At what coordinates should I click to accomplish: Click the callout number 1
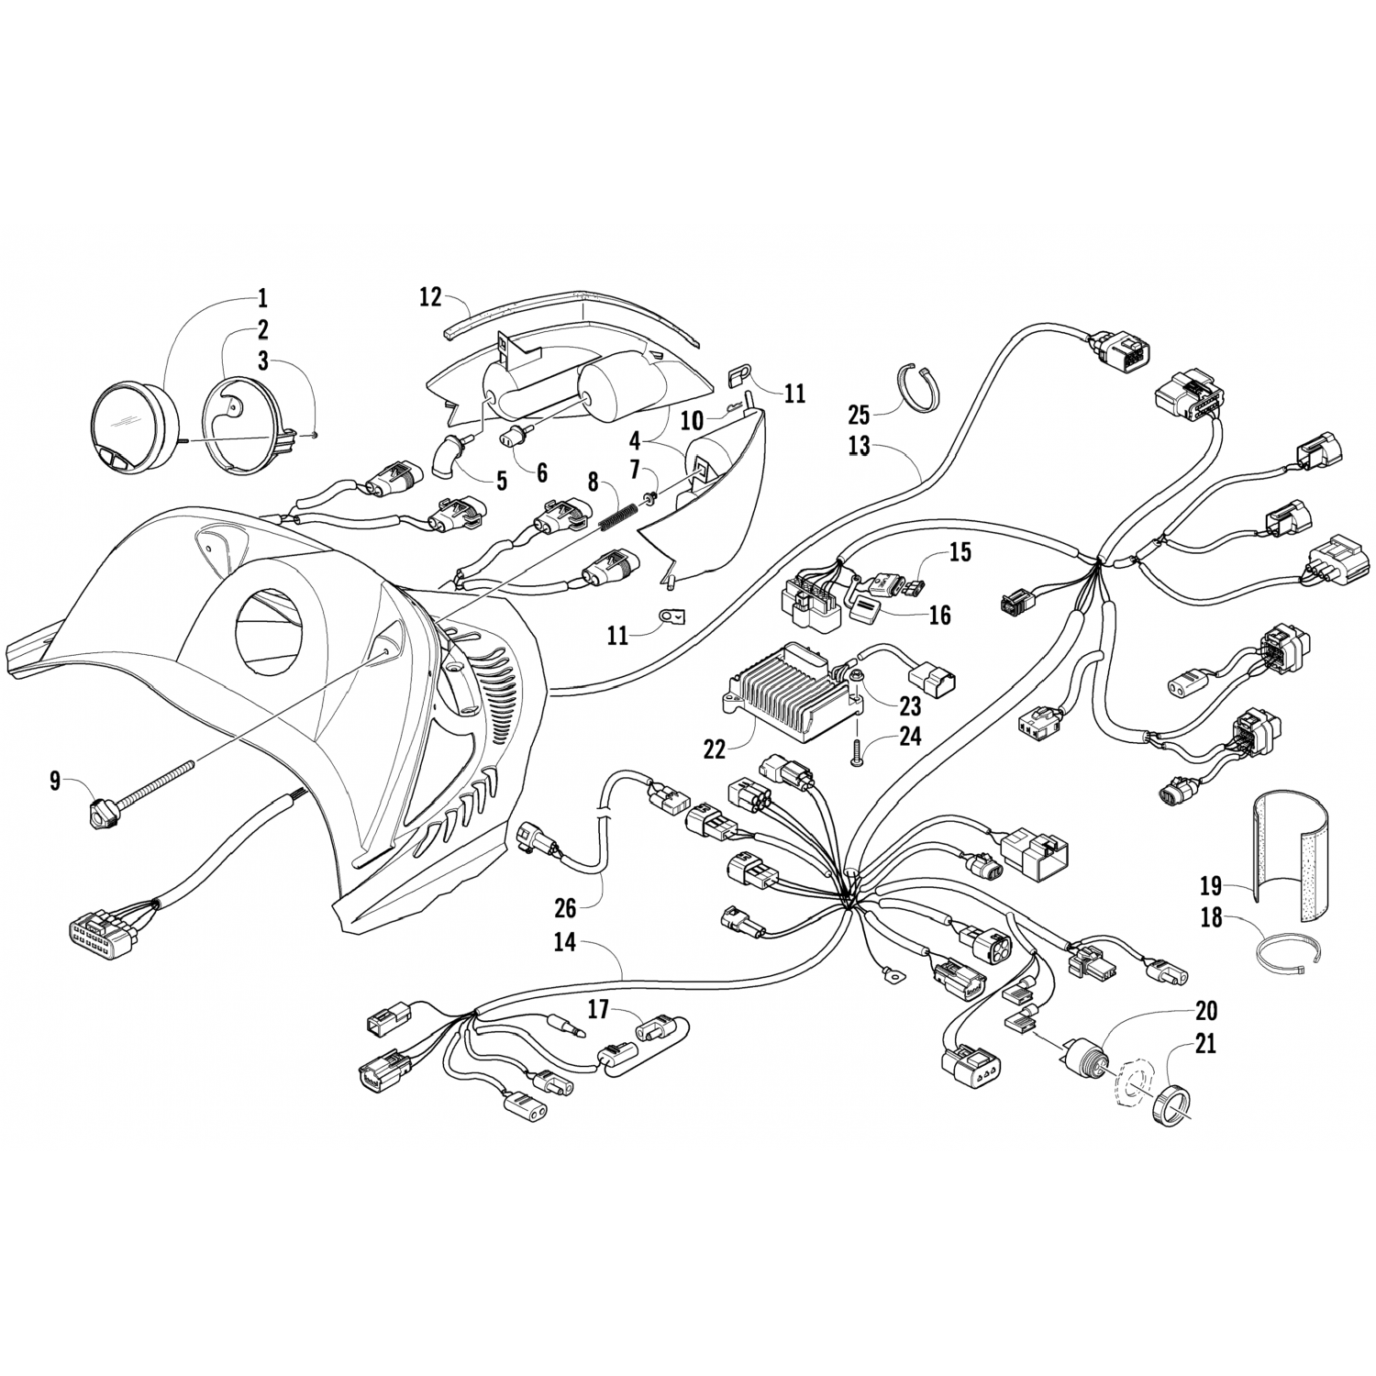pyautogui.click(x=262, y=297)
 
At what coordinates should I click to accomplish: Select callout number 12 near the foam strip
pyautogui.click(x=430, y=297)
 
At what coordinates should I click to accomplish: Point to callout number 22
pyautogui.click(x=715, y=749)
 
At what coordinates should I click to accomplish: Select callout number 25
pyautogui.click(x=859, y=415)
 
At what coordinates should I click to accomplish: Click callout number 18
pyautogui.click(x=1212, y=916)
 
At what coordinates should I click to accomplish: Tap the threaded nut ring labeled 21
pyautogui.click(x=1167, y=1104)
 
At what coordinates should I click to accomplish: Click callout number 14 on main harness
pyautogui.click(x=566, y=942)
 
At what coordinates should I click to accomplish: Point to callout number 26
pyautogui.click(x=565, y=908)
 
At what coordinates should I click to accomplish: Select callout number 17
pyautogui.click(x=598, y=1010)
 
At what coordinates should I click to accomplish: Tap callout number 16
pyautogui.click(x=939, y=615)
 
